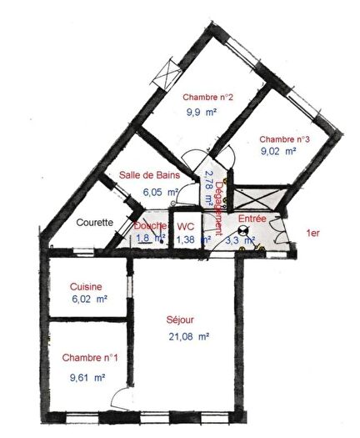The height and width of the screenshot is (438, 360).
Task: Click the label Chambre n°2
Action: tap(207, 96)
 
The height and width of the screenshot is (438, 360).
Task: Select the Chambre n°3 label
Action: tap(285, 138)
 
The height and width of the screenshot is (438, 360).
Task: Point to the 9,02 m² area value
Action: tap(278, 152)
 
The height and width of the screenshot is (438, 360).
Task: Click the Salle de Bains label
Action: tap(149, 175)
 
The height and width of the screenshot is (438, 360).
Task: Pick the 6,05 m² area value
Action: tap(161, 191)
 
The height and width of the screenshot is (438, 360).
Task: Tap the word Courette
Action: tap(94, 224)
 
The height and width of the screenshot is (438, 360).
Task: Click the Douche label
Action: tap(150, 226)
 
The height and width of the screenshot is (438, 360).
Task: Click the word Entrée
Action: tap(251, 219)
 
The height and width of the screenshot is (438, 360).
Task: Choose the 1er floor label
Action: tap(314, 234)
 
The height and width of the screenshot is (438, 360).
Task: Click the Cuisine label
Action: tap(86, 286)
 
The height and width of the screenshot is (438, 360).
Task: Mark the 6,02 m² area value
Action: tap(88, 299)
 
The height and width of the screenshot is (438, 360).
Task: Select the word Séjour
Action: tap(180, 320)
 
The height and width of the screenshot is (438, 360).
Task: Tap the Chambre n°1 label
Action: tap(90, 358)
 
